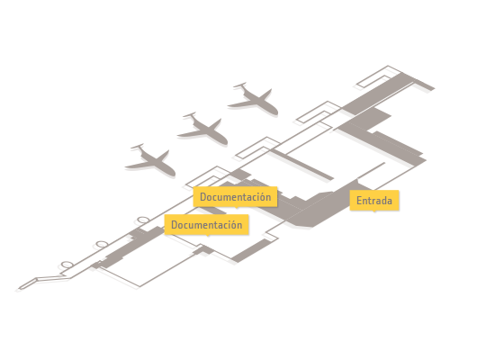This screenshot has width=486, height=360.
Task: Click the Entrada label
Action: [x=374, y=201]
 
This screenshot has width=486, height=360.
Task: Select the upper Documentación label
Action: [x=235, y=196]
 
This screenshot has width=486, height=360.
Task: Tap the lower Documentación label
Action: [x=206, y=224]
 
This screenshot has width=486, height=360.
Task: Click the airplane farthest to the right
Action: [x=254, y=99]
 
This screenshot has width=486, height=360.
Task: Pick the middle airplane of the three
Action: [x=203, y=129]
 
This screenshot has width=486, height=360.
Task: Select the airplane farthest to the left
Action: [x=151, y=160]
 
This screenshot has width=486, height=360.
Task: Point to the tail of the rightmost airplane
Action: [x=240, y=85]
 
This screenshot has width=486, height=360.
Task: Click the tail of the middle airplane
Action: [x=190, y=115]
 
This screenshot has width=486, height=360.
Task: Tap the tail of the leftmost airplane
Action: [x=138, y=147]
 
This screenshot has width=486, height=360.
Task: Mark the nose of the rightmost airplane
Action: [x=275, y=112]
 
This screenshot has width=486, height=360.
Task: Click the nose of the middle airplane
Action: [x=225, y=142]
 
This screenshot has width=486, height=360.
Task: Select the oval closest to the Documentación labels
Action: [x=143, y=220]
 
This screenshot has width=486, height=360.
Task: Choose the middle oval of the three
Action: [x=102, y=244]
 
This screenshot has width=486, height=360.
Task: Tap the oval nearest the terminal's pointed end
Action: [x=67, y=265]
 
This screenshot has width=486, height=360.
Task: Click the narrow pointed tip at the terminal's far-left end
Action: [x=20, y=289]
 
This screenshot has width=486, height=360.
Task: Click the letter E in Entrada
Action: [x=359, y=201]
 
